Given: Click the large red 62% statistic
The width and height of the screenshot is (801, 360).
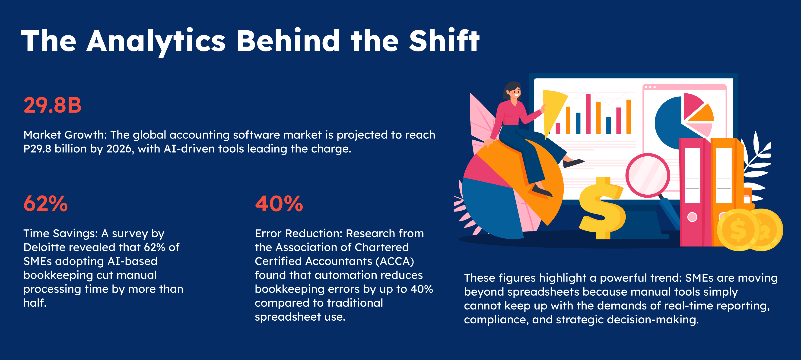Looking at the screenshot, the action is point(45,204).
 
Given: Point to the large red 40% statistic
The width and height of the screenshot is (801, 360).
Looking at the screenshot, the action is point(279,204).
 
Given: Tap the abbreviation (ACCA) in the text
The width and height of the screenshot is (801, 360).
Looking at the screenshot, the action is point(395,262).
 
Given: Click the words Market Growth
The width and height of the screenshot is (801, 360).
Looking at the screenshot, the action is point(65,135).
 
